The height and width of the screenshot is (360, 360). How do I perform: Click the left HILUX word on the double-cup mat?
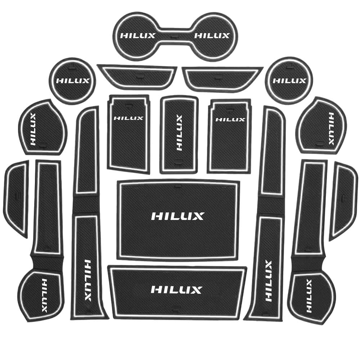138,36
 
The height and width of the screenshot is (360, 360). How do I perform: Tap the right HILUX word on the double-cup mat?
212,36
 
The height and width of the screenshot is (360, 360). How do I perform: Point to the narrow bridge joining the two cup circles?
175,36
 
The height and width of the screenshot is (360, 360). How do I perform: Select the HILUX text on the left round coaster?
73,81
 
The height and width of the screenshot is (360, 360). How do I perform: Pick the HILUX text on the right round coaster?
289,81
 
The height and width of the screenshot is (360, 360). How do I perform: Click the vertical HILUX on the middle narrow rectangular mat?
179,133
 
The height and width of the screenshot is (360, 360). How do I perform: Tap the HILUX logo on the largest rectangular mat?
177,216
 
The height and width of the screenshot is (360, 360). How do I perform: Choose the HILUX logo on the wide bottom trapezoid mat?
176,289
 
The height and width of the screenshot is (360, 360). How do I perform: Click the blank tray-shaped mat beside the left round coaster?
137,77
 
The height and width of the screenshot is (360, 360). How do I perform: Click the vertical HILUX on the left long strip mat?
88,280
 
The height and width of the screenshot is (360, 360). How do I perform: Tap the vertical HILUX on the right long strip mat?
268,281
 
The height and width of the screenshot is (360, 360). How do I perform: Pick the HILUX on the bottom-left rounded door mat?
44,296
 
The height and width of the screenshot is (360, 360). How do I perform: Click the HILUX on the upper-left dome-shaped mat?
33,129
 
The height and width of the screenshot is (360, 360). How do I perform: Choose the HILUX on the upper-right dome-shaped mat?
331,129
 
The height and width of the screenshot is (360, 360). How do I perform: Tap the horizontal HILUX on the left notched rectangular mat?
129,118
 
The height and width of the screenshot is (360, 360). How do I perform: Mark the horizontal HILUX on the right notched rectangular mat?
230,120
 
